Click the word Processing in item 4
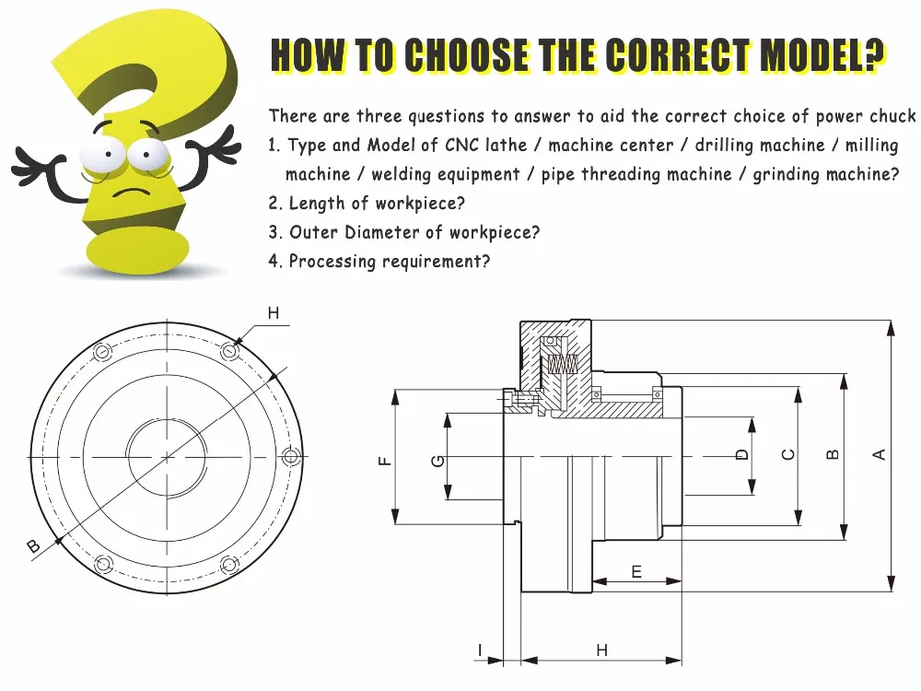pyautogui.click(x=332, y=261)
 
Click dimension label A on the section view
pyautogui.click(x=880, y=454)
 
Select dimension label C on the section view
pyautogui.click(x=788, y=454)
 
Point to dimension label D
pyautogui.click(x=741, y=454)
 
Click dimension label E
pyautogui.click(x=636, y=572)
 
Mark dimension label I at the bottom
pyautogui.click(x=481, y=650)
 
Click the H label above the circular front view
pyautogui.click(x=274, y=313)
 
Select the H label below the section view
pyautogui.click(x=602, y=650)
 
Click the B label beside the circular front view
pyautogui.click(x=34, y=546)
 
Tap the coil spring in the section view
pyautogui.click(x=564, y=365)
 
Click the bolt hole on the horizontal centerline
pyautogui.click(x=291, y=457)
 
